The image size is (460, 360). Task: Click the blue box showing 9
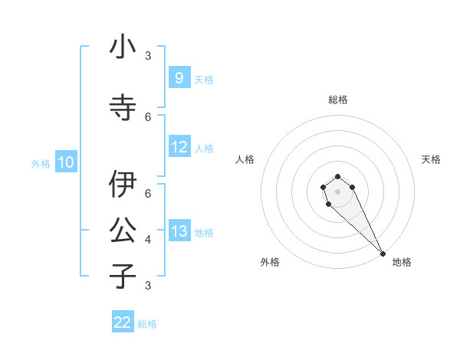(x=179, y=77)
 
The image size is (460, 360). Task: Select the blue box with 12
(x=179, y=147)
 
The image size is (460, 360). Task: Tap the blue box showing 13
(x=179, y=231)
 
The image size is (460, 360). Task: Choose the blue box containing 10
(x=66, y=162)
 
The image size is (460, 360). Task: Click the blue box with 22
(x=123, y=322)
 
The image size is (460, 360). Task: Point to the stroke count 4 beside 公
(x=148, y=240)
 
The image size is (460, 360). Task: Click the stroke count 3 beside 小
(x=148, y=56)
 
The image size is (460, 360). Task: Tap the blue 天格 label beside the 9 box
(x=204, y=79)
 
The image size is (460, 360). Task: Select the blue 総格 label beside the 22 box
(x=147, y=324)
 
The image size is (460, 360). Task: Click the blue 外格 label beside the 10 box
(x=41, y=163)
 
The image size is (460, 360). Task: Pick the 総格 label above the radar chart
(x=338, y=100)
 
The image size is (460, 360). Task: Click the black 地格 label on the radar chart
(x=402, y=262)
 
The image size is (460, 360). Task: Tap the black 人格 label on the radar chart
(x=245, y=159)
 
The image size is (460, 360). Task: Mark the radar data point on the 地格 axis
(x=383, y=254)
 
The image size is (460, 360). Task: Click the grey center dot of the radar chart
(x=337, y=191)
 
